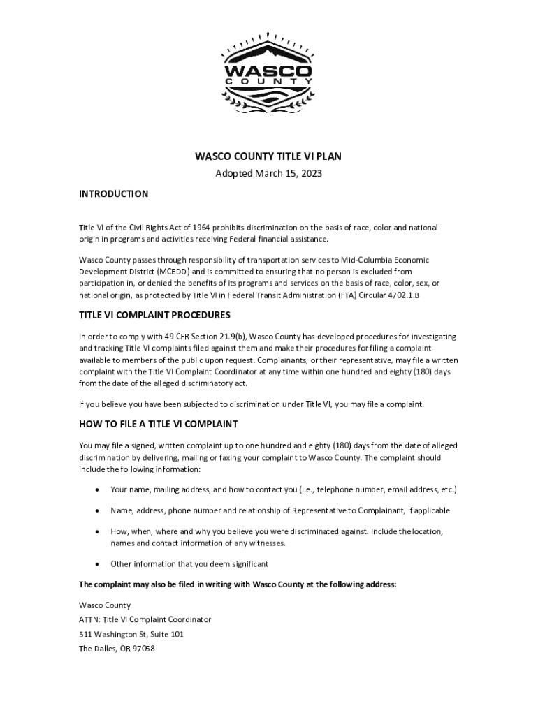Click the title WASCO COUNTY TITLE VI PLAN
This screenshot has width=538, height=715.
[x=268, y=156]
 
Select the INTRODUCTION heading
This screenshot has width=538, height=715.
[x=113, y=193]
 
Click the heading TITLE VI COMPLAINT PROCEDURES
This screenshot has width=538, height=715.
[x=154, y=315]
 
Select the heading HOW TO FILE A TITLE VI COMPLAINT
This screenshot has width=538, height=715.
[x=159, y=424]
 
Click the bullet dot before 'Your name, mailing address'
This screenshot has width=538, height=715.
[x=96, y=489]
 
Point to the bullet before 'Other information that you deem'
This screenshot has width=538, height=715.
[x=96, y=563]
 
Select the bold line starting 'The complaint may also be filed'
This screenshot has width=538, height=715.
[x=238, y=584]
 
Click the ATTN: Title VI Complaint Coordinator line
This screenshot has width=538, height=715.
[x=145, y=619]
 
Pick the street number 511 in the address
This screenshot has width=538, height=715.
[x=86, y=634]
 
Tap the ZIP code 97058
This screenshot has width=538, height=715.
[x=142, y=649]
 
